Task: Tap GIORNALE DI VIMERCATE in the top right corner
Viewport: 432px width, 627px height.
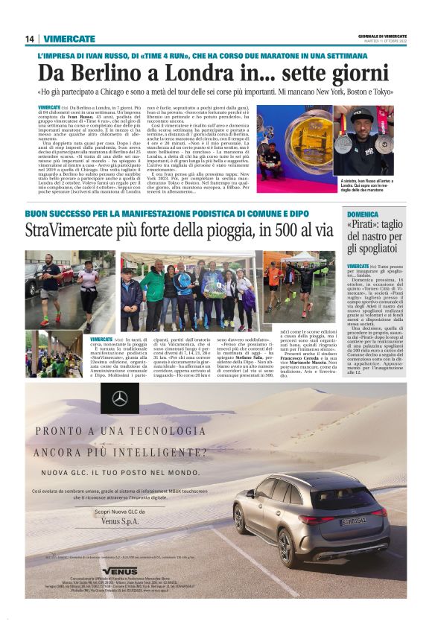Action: tap(382, 36)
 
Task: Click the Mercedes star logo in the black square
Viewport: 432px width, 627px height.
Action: tap(120, 398)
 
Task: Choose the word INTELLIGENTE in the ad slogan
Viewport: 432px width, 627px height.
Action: tap(159, 451)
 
